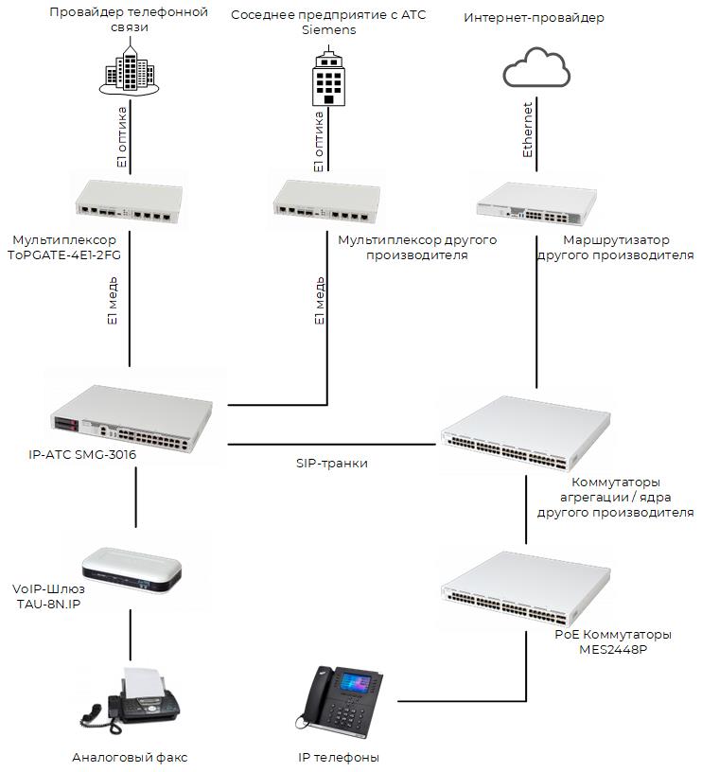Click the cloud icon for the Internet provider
point(535,69)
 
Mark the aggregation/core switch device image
point(526,434)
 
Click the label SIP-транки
point(330,464)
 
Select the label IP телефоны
point(338,757)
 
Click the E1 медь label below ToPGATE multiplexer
point(112,301)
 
